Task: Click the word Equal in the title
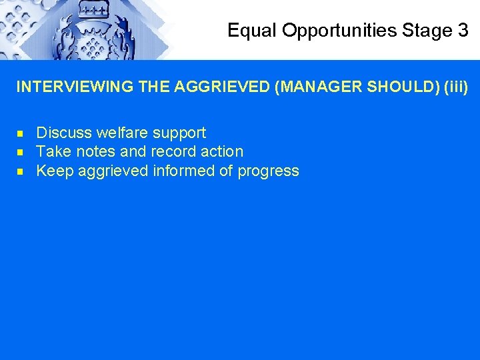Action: [x=247, y=31]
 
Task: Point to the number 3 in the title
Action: [x=463, y=31]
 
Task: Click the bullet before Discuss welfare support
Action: [x=21, y=133]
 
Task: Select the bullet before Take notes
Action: [x=21, y=152]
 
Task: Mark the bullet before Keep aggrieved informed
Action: [x=21, y=171]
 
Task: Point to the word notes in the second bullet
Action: [x=95, y=151]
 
